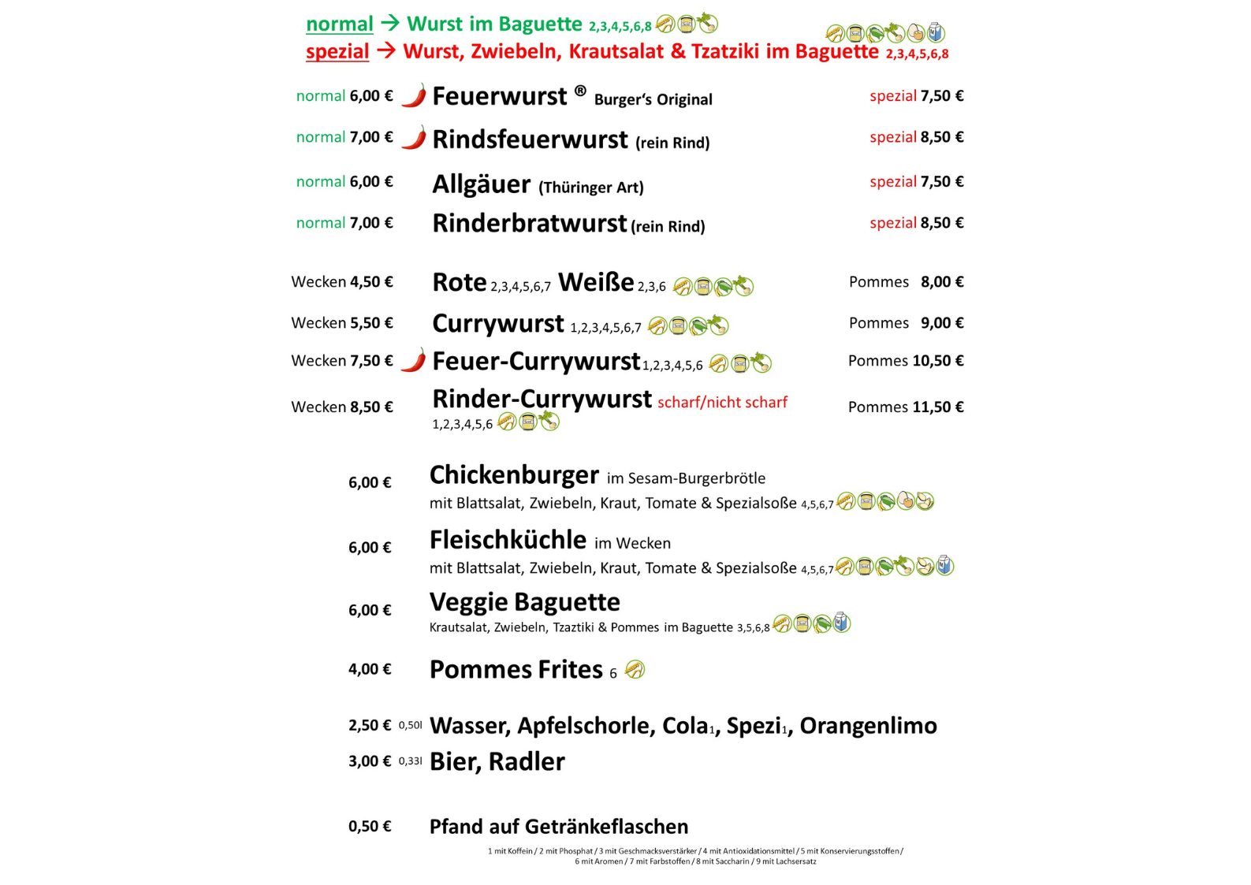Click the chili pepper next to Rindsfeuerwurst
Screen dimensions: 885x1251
(414, 138)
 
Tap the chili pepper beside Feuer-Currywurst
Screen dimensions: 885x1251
(414, 360)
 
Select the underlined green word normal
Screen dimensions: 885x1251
(339, 24)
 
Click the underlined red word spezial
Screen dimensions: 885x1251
(337, 52)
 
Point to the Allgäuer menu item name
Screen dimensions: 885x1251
(481, 184)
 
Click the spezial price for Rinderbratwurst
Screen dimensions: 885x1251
(916, 223)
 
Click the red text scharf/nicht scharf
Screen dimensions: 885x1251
(722, 403)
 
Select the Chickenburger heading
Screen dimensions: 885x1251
(514, 475)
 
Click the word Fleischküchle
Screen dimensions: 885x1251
(508, 540)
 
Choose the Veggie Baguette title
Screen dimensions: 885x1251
(524, 602)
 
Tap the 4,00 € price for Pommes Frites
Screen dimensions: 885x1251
(370, 669)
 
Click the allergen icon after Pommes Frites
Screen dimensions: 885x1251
(635, 670)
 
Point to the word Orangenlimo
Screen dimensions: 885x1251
(868, 726)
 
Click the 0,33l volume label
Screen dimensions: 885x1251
(410, 761)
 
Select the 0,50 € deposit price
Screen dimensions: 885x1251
(370, 827)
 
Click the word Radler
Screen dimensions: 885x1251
(527, 762)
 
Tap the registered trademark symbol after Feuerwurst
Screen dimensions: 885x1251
(580, 91)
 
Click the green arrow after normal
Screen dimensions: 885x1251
(390, 24)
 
